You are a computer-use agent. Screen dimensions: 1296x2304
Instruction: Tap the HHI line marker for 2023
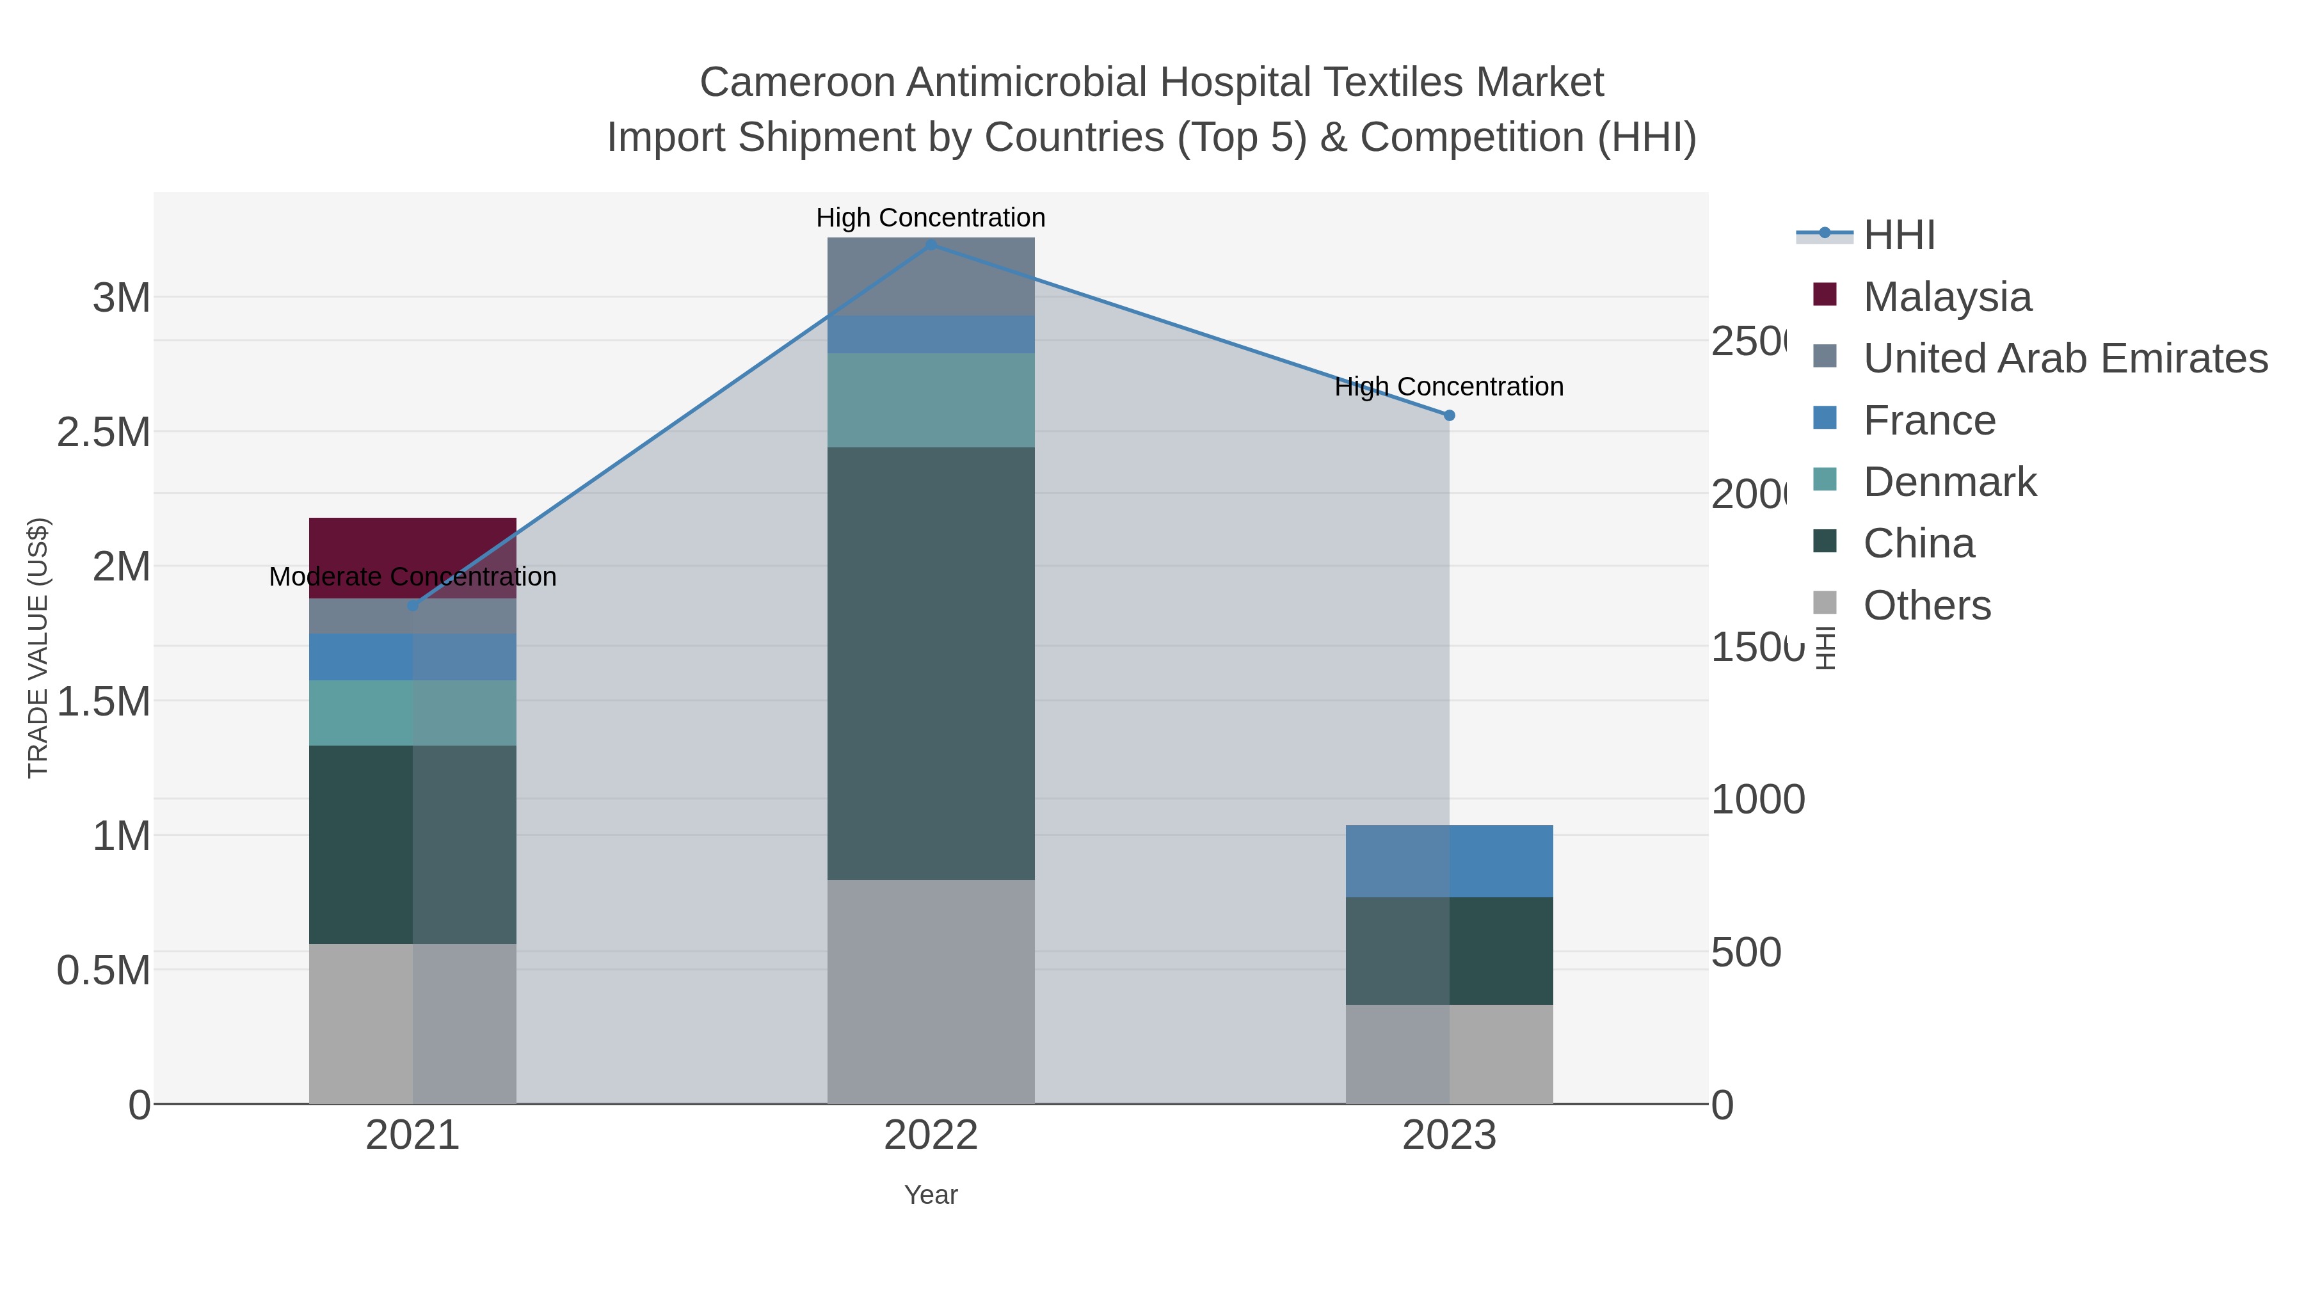pyautogui.click(x=1449, y=415)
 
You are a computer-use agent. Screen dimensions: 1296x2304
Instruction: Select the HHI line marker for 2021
pyautogui.click(x=412, y=605)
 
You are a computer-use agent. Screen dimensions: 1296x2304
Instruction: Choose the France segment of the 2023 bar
pyautogui.click(x=1449, y=860)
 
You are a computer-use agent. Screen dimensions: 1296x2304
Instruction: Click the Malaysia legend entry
pyautogui.click(x=1947, y=297)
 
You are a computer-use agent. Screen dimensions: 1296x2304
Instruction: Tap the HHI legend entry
pyautogui.click(x=1899, y=236)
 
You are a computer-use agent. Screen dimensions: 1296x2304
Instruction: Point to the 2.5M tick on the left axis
pyautogui.click(x=104, y=433)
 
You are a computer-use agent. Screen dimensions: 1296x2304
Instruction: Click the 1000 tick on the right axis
pyautogui.click(x=1757, y=799)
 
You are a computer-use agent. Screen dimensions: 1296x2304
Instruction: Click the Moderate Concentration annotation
pyautogui.click(x=412, y=577)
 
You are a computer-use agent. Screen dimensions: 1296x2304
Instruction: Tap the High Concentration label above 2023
pyautogui.click(x=1449, y=387)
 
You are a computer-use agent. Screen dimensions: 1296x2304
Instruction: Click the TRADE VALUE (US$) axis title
pyautogui.click(x=38, y=648)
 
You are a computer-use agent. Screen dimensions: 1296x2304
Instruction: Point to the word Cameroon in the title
pyautogui.click(x=797, y=83)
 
